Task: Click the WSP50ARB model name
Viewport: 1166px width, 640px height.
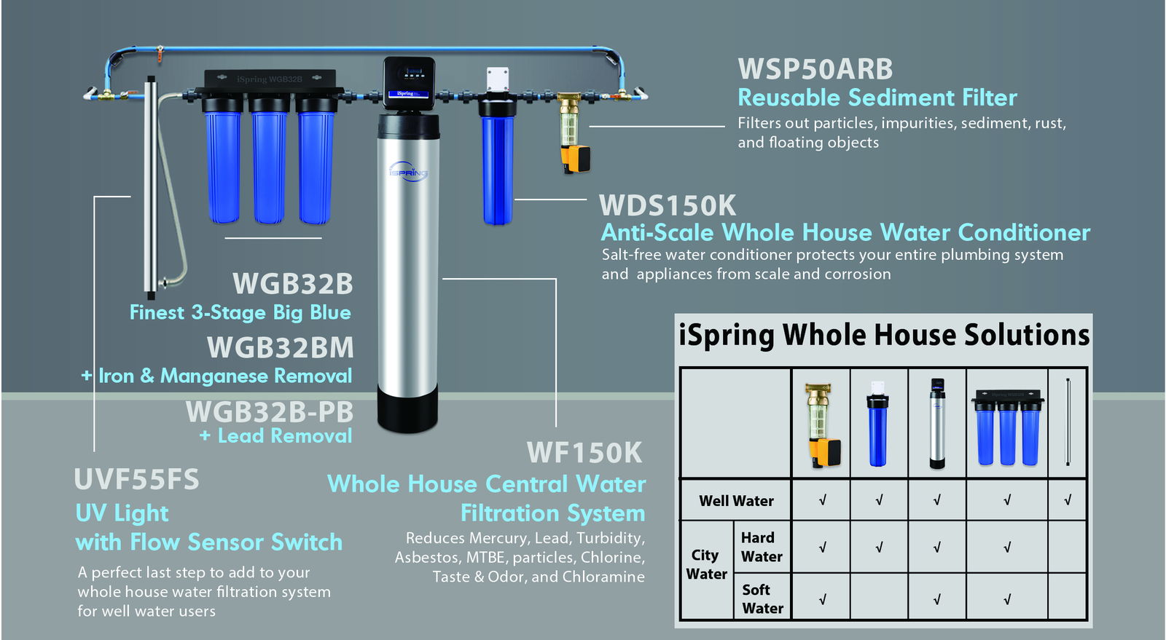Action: coord(815,69)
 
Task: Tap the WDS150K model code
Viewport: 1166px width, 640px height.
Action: coord(668,205)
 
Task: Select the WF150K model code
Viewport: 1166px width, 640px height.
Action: coord(584,453)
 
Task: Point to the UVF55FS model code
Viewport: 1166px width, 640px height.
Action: coord(136,480)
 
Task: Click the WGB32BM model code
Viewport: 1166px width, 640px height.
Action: coord(280,347)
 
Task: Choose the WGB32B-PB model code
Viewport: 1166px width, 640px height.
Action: coord(269,411)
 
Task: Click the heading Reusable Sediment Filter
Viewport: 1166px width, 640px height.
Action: coord(877,98)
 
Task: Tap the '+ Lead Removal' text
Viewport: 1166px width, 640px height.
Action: coord(275,436)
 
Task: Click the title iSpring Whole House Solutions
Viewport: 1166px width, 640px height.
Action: coord(883,335)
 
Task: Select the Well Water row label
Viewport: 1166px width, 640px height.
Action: coord(736,501)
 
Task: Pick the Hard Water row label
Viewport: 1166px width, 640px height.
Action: coord(762,547)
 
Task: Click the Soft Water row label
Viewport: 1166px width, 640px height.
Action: coord(762,598)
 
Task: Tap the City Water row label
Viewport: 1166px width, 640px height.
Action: coord(706,564)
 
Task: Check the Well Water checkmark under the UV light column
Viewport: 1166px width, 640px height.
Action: coord(1068,500)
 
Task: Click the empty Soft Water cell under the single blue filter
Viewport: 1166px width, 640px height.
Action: coord(879,598)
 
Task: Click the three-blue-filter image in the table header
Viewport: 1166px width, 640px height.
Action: coord(1007,427)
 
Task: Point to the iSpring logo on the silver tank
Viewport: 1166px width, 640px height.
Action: coord(408,172)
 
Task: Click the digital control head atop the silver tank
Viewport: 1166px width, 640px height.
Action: coord(409,83)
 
